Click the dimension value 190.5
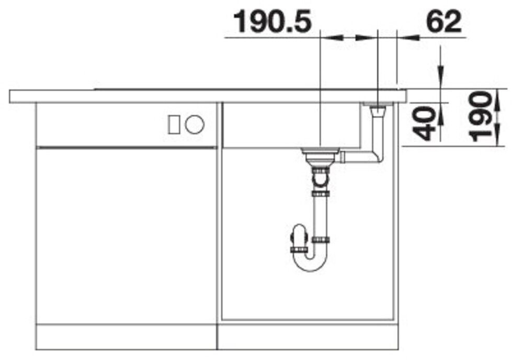point(272,21)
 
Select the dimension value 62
point(444,21)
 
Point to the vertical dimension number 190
point(480,117)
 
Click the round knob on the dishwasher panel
point(195,125)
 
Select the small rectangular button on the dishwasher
point(173,125)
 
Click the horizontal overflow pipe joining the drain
point(360,157)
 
